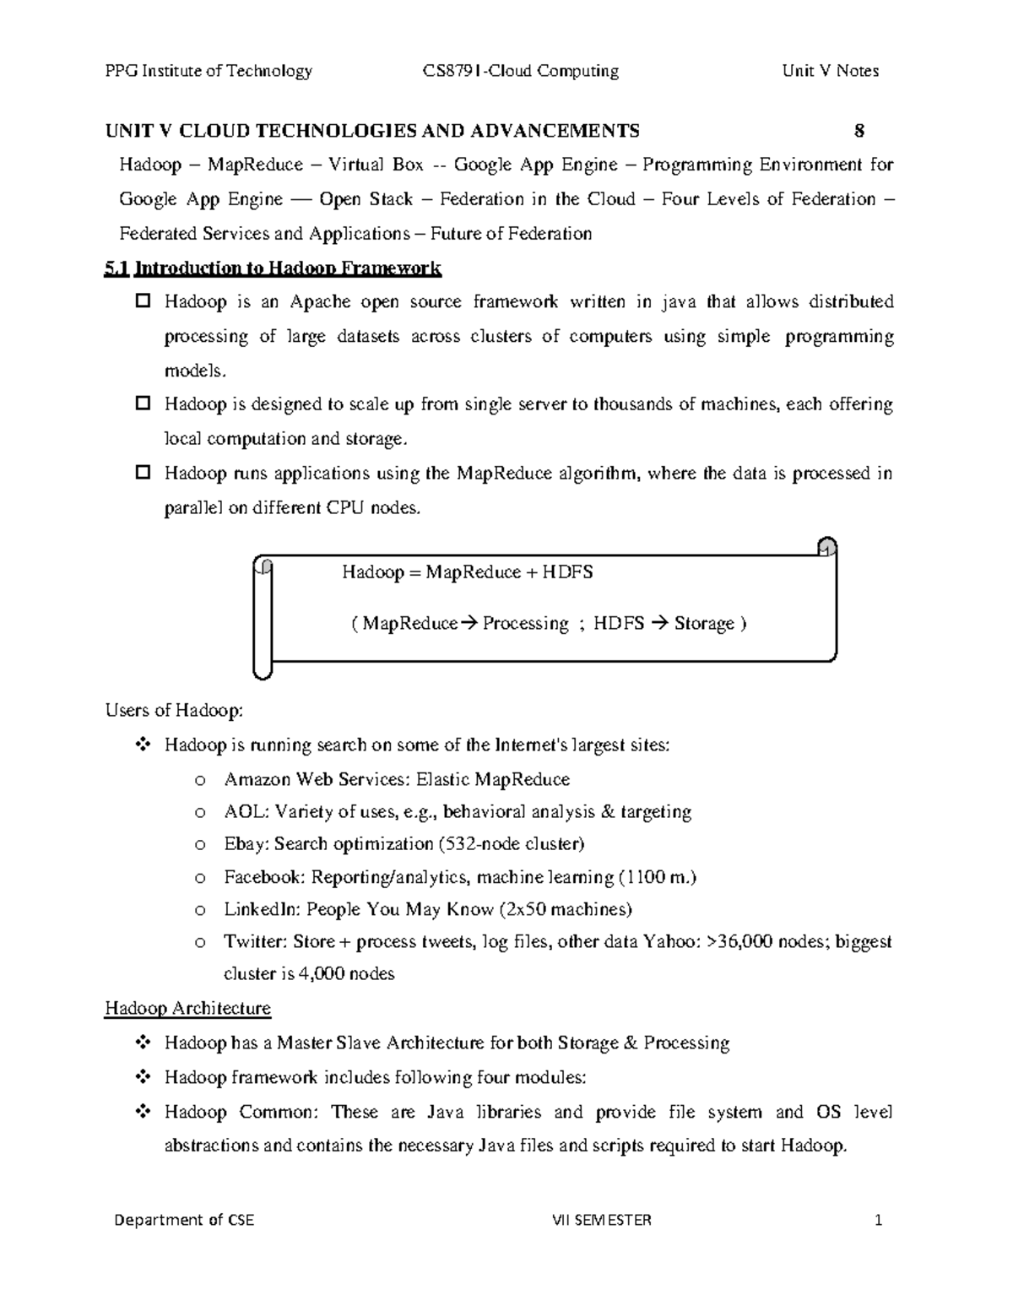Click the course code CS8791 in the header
pyautogui.click(x=452, y=71)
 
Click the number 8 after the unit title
pyautogui.click(x=859, y=131)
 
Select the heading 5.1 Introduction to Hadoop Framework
pyautogui.click(x=272, y=268)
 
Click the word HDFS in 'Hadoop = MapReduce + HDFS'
pyautogui.click(x=567, y=572)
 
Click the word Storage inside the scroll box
pyautogui.click(x=704, y=624)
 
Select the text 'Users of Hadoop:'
pyautogui.click(x=174, y=711)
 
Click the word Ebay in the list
pyautogui.click(x=243, y=844)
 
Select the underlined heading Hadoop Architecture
pyautogui.click(x=187, y=1008)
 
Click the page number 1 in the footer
pyautogui.click(x=878, y=1220)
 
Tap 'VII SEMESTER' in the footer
pyautogui.click(x=601, y=1220)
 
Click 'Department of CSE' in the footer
pyautogui.click(x=184, y=1220)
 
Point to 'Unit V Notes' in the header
pyautogui.click(x=830, y=71)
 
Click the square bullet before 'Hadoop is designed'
pyautogui.click(x=143, y=404)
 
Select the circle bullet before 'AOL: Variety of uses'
pyautogui.click(x=200, y=813)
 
